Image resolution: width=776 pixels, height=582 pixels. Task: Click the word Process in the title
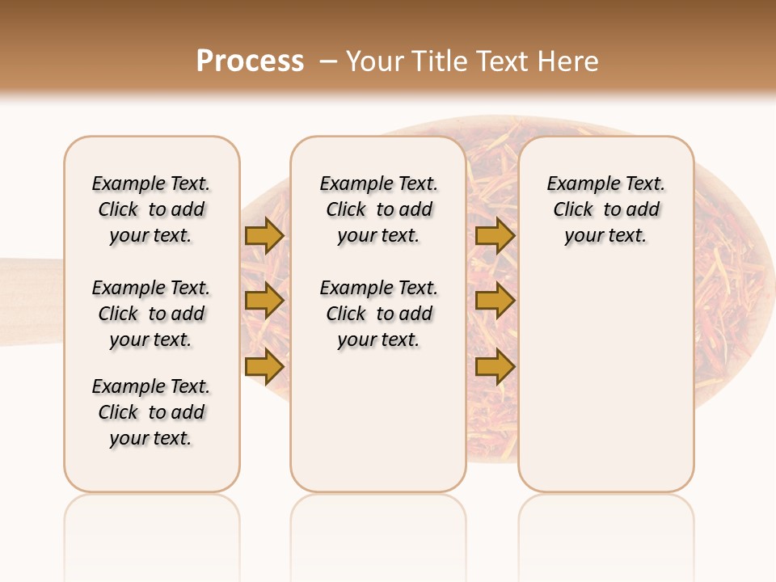tap(250, 61)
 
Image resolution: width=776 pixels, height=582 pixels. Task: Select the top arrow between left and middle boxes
tap(264, 235)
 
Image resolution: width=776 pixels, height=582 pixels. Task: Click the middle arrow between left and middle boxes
tap(264, 301)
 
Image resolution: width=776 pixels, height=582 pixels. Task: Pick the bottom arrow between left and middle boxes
tap(264, 367)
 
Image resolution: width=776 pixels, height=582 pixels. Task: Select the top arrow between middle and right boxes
tap(495, 235)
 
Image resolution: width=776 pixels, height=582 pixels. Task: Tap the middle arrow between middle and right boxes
tap(495, 301)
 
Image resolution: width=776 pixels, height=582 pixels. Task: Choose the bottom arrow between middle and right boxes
tap(495, 367)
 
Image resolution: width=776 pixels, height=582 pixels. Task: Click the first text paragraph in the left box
tap(151, 209)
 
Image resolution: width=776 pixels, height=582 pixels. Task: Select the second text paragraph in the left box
tap(151, 314)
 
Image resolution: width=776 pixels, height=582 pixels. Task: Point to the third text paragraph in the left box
tap(151, 412)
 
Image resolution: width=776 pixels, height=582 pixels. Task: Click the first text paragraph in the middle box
tap(379, 209)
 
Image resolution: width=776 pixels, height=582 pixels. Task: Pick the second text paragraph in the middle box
tap(379, 314)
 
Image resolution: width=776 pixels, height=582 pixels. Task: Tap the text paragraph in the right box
tap(606, 209)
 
